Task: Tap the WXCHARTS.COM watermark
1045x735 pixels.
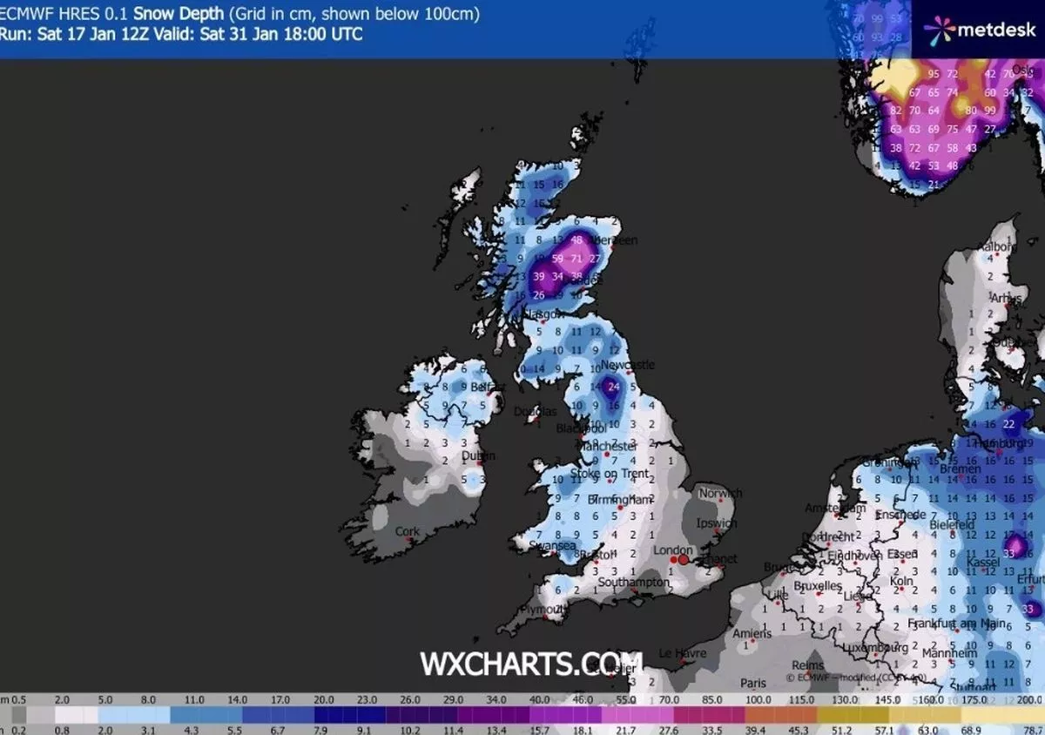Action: pyautogui.click(x=531, y=664)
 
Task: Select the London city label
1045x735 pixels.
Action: pyautogui.click(x=672, y=550)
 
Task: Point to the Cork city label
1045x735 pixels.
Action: pyautogui.click(x=407, y=531)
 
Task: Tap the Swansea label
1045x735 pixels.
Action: pyautogui.click(x=552, y=546)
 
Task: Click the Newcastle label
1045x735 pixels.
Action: pyautogui.click(x=628, y=365)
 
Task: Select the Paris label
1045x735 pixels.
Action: pyautogui.click(x=753, y=684)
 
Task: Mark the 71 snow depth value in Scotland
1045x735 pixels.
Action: pyautogui.click(x=576, y=259)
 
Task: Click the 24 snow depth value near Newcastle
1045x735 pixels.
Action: pyautogui.click(x=613, y=386)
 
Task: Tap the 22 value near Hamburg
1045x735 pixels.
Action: pyautogui.click(x=1008, y=424)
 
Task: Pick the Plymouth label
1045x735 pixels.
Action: pyautogui.click(x=535, y=610)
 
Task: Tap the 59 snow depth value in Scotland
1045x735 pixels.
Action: pyautogui.click(x=557, y=259)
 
